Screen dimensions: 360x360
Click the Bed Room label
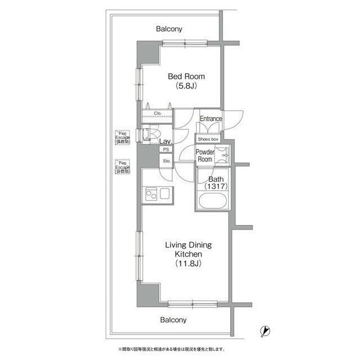coord(186,76)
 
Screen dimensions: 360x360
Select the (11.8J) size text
coord(184,264)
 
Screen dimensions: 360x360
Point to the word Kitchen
coord(184,254)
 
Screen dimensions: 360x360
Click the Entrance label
coord(211,119)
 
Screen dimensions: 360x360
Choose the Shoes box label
coord(208,138)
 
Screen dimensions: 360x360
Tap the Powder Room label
coord(205,156)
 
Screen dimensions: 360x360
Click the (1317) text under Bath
coord(214,186)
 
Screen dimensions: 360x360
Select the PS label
coord(165,150)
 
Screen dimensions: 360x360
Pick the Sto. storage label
coord(166,161)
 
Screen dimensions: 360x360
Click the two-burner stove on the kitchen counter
coord(151,195)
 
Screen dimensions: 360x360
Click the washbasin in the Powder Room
coord(224,155)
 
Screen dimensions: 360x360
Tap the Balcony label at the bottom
coord(173,319)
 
